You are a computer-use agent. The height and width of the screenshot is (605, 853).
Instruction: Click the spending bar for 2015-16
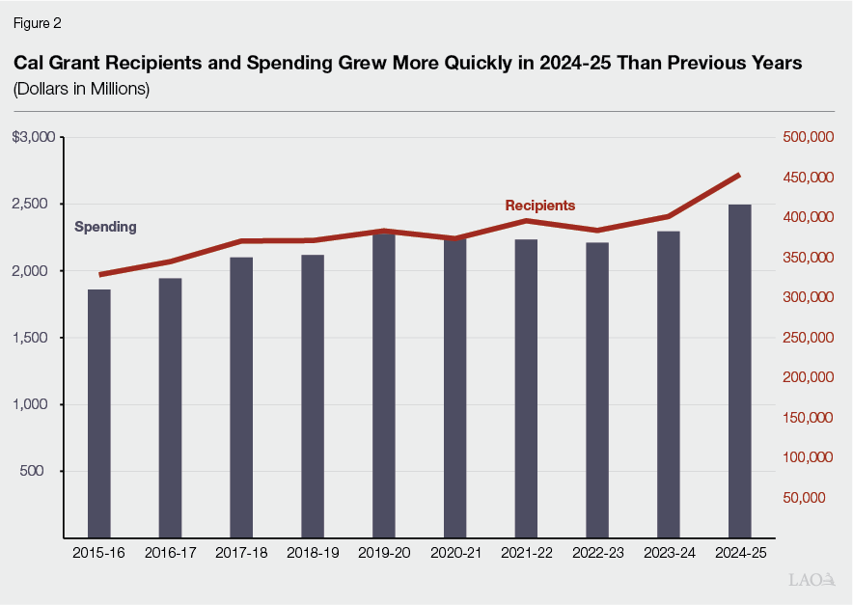(x=98, y=413)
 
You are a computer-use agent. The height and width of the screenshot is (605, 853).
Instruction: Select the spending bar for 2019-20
(x=384, y=385)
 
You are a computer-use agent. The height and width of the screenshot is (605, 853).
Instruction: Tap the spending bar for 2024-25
(x=739, y=371)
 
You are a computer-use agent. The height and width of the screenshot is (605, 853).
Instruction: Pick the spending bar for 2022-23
(x=597, y=390)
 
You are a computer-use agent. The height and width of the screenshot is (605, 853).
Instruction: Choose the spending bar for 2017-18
(x=241, y=397)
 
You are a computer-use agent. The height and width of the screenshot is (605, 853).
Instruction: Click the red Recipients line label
(x=539, y=206)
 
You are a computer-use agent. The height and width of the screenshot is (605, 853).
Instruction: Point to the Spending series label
(x=105, y=227)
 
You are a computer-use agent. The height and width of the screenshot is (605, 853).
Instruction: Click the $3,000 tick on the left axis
(x=33, y=137)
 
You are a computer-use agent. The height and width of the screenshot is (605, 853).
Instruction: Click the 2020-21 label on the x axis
(x=454, y=553)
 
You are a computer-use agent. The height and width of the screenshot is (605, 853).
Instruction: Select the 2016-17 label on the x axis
(x=170, y=553)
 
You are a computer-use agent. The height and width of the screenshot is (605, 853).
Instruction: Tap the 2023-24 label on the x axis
(x=669, y=553)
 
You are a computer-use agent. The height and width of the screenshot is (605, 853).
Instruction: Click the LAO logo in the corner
(x=810, y=580)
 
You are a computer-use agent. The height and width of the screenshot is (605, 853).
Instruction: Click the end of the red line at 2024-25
(x=739, y=175)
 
